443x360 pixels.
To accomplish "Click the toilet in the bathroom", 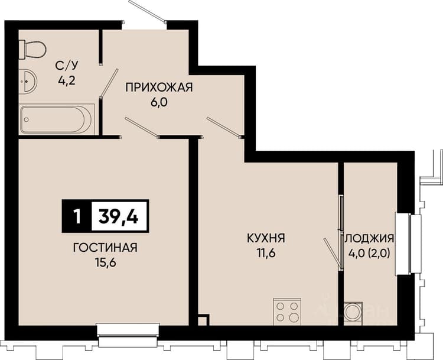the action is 32,50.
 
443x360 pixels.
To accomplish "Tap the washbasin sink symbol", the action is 28,82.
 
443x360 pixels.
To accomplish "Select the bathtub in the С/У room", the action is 57,119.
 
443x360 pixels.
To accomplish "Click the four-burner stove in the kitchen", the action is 287,312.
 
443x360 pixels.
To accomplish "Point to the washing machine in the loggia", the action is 353,313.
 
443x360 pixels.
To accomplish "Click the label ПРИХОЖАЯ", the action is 159,87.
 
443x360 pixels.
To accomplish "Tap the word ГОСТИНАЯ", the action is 105,248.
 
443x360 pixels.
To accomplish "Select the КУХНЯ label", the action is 266,238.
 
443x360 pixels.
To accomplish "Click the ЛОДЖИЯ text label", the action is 369,238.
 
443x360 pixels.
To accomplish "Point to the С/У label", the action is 66,66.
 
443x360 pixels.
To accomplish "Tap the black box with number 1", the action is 77,216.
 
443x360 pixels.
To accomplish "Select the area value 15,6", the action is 105,262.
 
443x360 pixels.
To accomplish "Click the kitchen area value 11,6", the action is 266,254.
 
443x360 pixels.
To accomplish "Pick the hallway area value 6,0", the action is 159,102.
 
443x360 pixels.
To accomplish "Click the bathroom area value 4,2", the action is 66,81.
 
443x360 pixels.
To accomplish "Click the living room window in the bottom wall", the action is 128,335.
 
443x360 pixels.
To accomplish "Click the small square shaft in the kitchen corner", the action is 203,320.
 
